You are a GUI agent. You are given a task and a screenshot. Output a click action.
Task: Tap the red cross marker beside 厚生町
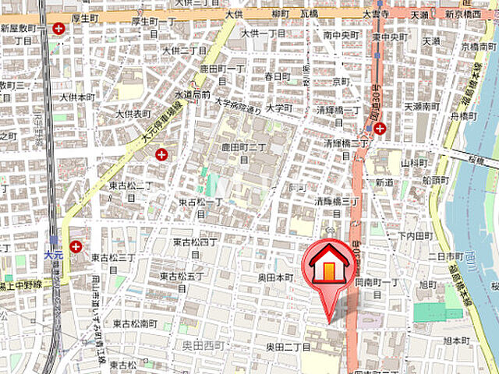pos(59,29)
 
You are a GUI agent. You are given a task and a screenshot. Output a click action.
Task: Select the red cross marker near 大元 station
pos(76,247)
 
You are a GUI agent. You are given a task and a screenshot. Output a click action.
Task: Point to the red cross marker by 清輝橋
pos(379,129)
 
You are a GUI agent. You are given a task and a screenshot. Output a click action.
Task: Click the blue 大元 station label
pos(53,254)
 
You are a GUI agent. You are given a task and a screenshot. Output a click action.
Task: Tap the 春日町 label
pos(277,76)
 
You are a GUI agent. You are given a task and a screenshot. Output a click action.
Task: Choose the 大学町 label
pos(278,108)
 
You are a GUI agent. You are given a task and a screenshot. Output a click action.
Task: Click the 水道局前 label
pos(192,94)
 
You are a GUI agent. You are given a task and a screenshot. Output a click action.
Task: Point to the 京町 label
pos(341,80)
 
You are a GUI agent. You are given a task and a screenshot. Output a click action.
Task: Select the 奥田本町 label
pos(276,277)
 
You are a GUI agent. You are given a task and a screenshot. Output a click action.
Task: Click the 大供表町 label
pos(133,113)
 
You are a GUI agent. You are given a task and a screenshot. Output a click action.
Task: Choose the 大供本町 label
pos(78,97)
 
